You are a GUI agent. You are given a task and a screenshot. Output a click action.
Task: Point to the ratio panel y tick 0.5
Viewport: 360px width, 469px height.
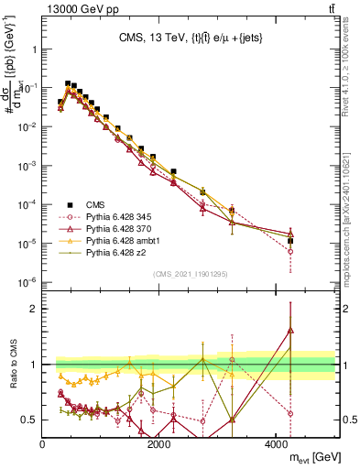29,420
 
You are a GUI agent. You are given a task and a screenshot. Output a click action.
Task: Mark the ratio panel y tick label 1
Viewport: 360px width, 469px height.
33,365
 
